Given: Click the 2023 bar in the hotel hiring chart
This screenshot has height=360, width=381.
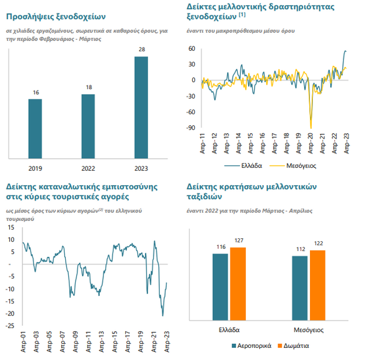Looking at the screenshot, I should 141,107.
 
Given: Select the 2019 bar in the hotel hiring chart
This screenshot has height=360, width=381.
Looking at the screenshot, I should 35,128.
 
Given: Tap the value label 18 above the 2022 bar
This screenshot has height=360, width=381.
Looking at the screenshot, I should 88,88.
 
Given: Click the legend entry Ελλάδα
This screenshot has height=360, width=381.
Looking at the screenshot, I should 249,165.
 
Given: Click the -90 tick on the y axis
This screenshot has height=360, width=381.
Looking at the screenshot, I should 192,128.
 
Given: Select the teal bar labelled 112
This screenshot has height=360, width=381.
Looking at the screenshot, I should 300,287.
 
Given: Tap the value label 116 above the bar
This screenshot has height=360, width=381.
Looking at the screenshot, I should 221,247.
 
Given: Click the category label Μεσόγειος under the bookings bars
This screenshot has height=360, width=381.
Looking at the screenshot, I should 308,331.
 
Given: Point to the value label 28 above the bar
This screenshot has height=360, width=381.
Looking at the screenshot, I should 141,50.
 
